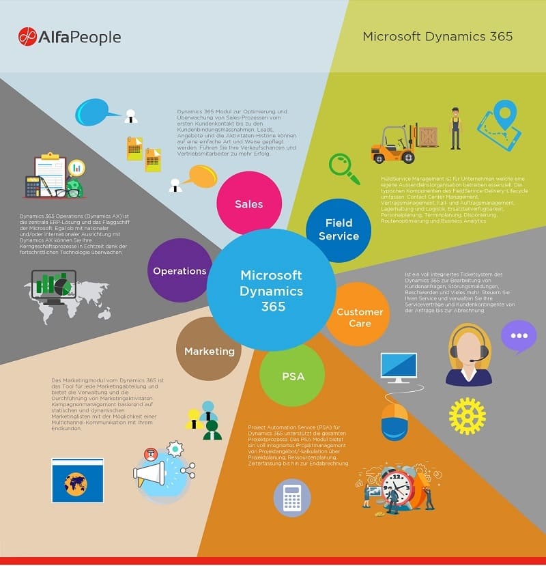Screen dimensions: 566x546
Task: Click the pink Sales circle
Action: (248, 203)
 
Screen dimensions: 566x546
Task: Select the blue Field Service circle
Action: (339, 230)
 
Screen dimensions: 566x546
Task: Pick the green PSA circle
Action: (292, 376)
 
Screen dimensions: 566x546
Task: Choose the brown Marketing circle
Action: (209, 350)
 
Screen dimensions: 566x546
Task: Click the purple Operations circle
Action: (179, 270)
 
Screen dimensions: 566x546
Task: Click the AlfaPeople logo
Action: (70, 37)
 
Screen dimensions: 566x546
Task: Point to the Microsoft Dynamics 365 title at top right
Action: (437, 36)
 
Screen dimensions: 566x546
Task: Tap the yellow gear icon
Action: (467, 416)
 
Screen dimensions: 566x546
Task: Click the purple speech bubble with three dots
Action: (519, 336)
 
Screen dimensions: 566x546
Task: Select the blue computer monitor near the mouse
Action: (399, 367)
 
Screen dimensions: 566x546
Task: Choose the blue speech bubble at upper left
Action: (93, 111)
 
